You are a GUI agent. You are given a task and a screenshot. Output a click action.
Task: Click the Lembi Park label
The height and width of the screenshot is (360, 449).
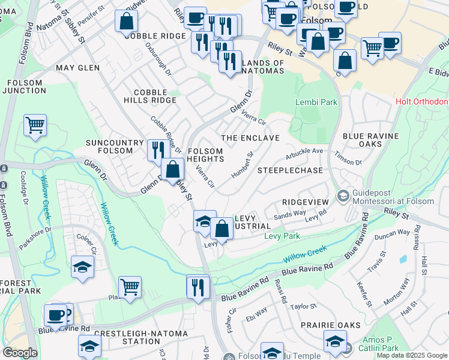[x=316, y=102]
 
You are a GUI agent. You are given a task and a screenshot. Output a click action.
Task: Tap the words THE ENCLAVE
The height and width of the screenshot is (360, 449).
[x=250, y=138]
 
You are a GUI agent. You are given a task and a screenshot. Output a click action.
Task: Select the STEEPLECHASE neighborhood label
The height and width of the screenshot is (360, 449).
[x=290, y=170]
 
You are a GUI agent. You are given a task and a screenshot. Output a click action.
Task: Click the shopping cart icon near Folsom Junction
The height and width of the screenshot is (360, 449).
[x=35, y=126]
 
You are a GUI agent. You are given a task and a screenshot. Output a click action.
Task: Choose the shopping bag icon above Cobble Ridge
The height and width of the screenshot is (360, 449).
[x=126, y=22]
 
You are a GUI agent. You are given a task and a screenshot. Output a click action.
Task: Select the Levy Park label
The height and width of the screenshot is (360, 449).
[x=282, y=236]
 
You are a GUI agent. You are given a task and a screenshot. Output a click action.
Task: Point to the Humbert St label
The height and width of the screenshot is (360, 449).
[x=243, y=164]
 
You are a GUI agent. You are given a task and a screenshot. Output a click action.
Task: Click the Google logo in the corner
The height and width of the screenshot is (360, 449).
[x=20, y=353]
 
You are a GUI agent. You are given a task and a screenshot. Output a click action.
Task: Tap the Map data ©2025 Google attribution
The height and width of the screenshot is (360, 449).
[x=411, y=355]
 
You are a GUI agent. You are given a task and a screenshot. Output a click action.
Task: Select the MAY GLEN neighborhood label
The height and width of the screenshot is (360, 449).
[x=77, y=68]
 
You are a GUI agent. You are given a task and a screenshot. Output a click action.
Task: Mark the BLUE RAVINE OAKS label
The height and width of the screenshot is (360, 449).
[x=370, y=140]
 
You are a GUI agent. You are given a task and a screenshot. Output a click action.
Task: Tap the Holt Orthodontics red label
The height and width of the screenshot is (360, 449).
[x=422, y=101]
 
